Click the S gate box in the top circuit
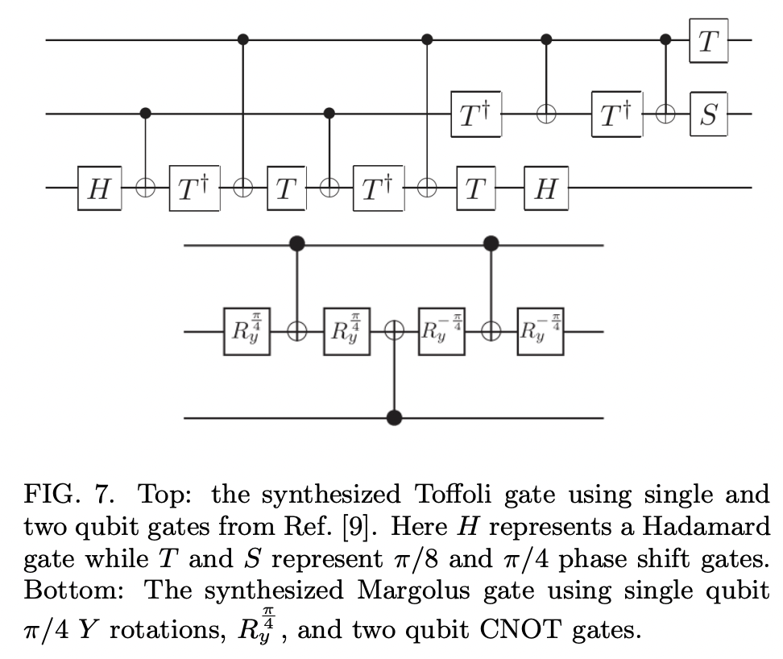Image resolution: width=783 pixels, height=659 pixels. click(x=707, y=115)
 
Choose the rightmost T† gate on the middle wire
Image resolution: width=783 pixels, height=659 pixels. click(x=616, y=115)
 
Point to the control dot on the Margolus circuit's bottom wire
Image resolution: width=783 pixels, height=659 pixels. click(x=395, y=418)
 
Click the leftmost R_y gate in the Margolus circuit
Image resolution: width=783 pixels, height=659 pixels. click(x=246, y=331)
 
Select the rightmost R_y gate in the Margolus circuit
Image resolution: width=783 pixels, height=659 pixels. click(x=540, y=331)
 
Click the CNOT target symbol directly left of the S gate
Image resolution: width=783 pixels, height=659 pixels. click(x=666, y=115)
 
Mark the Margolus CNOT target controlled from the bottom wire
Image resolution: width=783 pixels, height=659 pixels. click(x=395, y=331)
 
